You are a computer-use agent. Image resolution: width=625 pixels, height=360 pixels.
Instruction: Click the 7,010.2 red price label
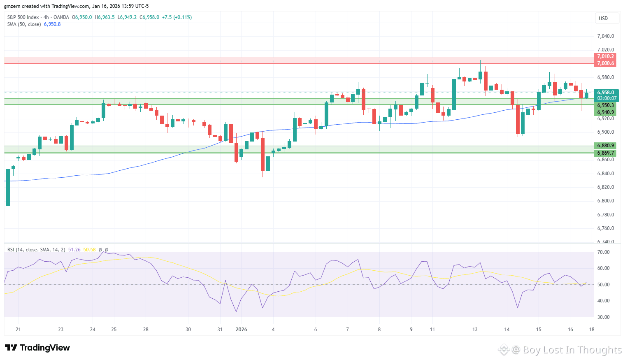(605, 56)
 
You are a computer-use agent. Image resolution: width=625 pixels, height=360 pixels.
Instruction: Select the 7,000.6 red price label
(605, 63)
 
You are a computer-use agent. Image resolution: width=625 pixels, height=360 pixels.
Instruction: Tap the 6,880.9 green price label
(605, 146)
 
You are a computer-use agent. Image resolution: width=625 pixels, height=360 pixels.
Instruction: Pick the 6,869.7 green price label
(605, 153)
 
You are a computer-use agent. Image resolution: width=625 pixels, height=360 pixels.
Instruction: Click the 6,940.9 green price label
(605, 112)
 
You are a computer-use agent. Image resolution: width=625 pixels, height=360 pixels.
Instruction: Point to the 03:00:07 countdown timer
(606, 98)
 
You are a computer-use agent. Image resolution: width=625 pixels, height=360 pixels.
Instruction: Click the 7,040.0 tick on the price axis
(605, 36)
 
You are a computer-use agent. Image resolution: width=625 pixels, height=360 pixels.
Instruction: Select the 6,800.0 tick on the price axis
(605, 201)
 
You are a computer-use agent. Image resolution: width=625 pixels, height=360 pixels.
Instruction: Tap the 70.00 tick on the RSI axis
(604, 252)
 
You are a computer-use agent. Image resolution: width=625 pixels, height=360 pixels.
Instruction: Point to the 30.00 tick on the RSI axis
(604, 317)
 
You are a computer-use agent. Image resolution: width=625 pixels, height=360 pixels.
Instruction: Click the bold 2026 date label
(241, 330)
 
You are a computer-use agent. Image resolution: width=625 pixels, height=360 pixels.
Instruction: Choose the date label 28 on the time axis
(146, 330)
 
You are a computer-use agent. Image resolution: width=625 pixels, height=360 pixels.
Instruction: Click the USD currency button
(603, 19)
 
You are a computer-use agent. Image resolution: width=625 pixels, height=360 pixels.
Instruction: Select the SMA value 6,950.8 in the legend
(52, 24)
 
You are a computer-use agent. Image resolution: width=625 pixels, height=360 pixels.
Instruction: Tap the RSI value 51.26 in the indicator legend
(74, 250)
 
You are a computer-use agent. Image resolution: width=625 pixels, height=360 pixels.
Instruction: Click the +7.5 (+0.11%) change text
(177, 17)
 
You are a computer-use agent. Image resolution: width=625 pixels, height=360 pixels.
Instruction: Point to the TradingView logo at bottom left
(37, 348)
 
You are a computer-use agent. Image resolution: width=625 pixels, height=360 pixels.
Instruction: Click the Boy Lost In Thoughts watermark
(572, 350)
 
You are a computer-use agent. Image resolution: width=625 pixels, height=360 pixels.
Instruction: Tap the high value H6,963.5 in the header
(105, 17)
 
